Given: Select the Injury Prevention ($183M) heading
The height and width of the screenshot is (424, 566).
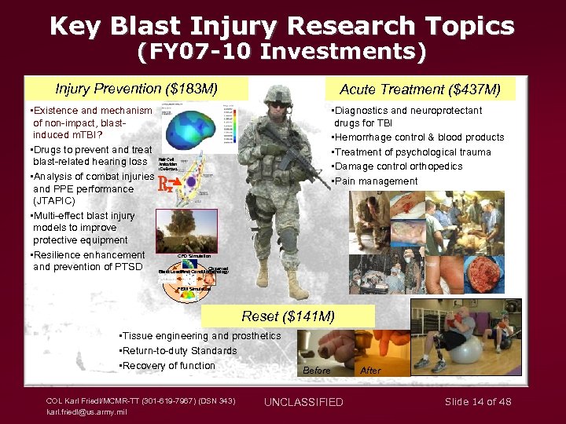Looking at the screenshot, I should (x=137, y=87).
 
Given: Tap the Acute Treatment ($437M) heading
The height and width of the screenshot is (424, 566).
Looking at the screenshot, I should (x=420, y=89).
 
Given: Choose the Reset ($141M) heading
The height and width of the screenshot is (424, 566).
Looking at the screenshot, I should (x=288, y=316).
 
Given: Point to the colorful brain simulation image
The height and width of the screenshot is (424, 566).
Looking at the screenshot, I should (x=189, y=129).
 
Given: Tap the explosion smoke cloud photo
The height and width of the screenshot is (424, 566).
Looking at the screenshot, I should (x=187, y=230).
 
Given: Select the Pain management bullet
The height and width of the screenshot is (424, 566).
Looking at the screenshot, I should (x=375, y=181).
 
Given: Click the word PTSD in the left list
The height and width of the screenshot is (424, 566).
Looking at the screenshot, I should (x=129, y=267).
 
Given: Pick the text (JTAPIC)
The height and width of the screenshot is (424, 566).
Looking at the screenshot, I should (x=54, y=201).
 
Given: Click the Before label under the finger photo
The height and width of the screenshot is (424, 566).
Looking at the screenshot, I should (x=317, y=370).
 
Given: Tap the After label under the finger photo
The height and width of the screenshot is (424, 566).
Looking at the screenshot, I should (x=369, y=370).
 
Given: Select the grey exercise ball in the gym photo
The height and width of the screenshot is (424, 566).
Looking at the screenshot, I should (x=465, y=348).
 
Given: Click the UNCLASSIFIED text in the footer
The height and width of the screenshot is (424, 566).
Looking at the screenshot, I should (x=303, y=402).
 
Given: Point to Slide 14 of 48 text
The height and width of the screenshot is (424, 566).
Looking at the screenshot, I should (x=478, y=401).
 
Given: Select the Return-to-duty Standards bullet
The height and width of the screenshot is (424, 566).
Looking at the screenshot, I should (x=177, y=351).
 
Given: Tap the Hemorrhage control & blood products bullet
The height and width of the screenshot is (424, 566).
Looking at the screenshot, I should (x=417, y=137).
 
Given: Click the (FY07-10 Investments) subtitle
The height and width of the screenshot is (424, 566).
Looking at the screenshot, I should (x=282, y=53).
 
